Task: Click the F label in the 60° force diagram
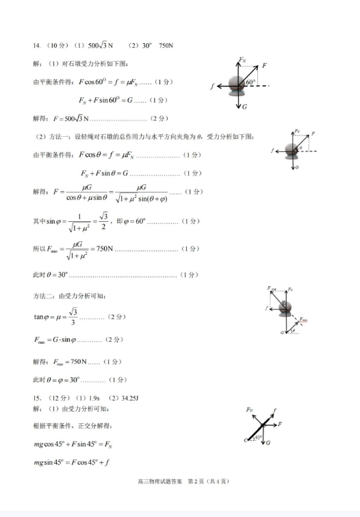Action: click(x=264, y=64)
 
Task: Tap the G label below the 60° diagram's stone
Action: click(x=244, y=107)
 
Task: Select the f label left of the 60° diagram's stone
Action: click(x=214, y=86)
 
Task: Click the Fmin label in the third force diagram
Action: click(x=303, y=319)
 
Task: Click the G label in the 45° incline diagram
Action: click(x=268, y=442)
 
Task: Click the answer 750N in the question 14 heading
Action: click(x=166, y=46)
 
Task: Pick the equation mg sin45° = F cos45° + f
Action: click(x=75, y=463)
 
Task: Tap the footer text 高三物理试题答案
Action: click(x=160, y=501)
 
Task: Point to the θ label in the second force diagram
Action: click(x=299, y=147)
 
